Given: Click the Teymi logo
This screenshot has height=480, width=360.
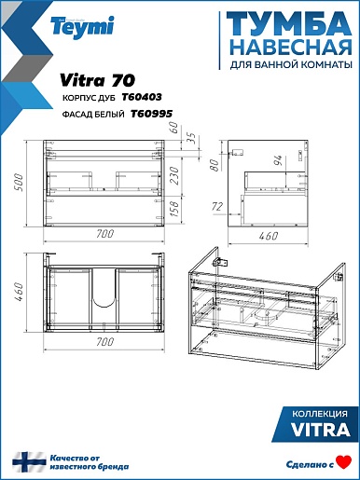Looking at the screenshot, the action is pos(82,26).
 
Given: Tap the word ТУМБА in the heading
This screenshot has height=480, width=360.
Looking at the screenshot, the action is pos(289,24).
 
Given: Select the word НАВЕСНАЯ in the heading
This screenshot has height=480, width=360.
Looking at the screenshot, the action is pos(292,47).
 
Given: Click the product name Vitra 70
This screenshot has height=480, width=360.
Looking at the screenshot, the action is pos(97,80).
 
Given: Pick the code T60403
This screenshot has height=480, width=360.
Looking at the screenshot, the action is pos(142,97).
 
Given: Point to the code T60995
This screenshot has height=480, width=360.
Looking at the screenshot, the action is pos(151,114).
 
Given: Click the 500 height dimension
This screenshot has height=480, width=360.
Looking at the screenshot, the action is pos(19,183).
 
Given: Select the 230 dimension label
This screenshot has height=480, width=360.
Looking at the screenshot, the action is pos(174,175).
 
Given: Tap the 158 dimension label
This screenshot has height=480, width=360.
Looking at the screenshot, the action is pos(174,209).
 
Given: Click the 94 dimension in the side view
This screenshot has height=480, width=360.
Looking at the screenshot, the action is pos(278,160).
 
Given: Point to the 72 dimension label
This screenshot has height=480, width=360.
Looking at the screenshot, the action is pos(218,206).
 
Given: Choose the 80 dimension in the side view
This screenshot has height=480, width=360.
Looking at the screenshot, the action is pos(215,165).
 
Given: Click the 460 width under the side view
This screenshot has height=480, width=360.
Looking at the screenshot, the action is pos(269,236).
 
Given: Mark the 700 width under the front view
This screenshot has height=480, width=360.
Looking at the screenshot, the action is pos(104,234).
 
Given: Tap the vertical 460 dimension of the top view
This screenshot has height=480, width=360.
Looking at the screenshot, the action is pos(19,292).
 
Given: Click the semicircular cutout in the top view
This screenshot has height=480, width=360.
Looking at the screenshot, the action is pos(104,302).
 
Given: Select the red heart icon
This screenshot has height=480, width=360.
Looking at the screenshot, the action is pos(344,462).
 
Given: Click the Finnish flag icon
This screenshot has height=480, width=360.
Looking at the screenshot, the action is pos(29,462).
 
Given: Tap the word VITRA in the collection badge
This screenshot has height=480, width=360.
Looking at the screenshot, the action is pos(321,430).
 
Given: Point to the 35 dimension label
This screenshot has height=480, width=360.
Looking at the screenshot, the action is pos(192,138).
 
